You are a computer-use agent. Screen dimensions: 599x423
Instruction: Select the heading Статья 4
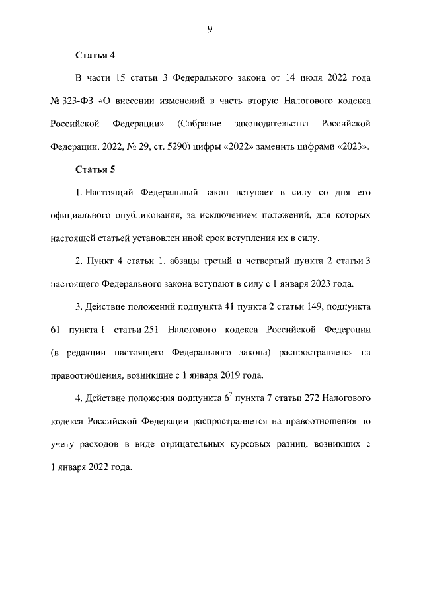point(95,55)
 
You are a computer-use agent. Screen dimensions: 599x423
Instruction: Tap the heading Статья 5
point(95,170)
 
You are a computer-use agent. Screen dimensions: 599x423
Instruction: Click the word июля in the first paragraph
point(312,78)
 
